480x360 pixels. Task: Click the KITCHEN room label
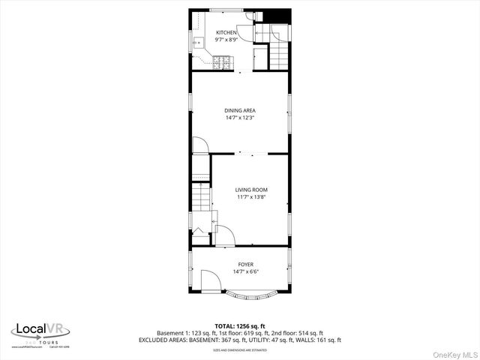[226, 33]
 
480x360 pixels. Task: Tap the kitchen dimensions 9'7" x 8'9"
[226, 40]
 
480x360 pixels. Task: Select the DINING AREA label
[240, 110]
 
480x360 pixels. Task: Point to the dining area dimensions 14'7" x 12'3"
[240, 118]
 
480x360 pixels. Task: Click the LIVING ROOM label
[252, 190]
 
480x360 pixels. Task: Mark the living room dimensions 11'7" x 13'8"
[252, 197]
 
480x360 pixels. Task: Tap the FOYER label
[246, 265]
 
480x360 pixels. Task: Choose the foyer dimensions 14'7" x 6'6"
[246, 272]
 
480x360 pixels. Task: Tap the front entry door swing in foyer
[211, 282]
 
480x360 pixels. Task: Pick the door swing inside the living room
[224, 235]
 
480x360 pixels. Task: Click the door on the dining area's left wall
[200, 145]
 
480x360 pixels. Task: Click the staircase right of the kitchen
[280, 52]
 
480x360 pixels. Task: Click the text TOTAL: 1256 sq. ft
[240, 325]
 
